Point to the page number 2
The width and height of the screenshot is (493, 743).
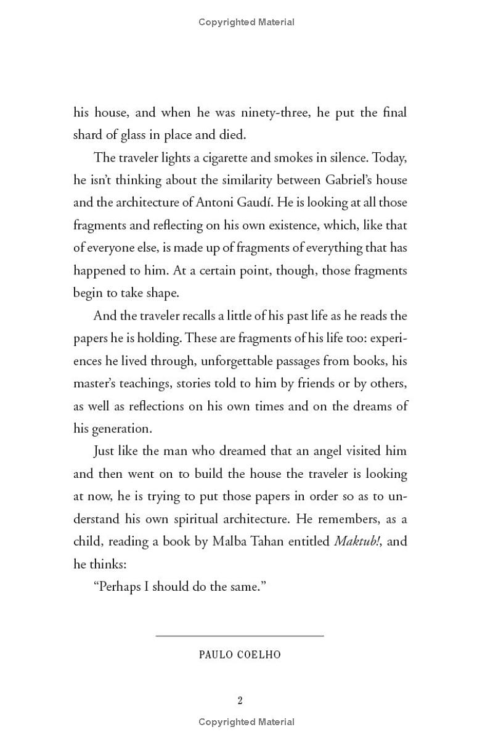pyautogui.click(x=240, y=700)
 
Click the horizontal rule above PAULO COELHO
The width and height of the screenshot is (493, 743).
pyautogui.click(x=240, y=635)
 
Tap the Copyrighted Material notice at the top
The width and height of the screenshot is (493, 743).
pyautogui.click(x=246, y=22)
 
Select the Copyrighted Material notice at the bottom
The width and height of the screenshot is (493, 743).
pyautogui.click(x=246, y=722)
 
